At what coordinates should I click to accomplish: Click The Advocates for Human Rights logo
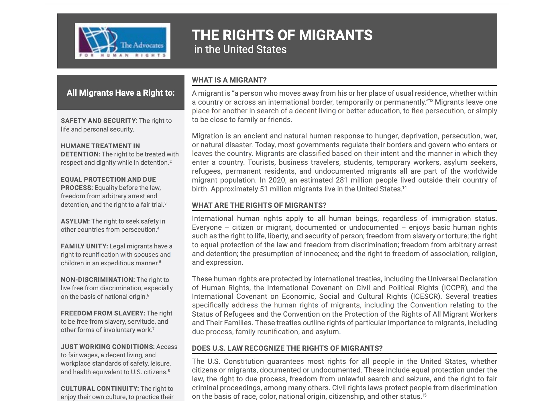click(122, 41)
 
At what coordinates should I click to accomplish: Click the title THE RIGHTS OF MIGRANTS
click(282, 35)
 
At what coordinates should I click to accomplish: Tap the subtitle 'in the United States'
click(240, 50)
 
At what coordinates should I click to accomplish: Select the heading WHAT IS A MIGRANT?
click(229, 80)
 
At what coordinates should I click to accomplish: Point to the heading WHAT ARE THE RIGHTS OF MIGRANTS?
click(259, 205)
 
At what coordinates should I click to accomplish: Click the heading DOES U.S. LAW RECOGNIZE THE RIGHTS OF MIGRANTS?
click(287, 348)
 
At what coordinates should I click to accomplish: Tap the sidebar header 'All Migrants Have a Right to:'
click(121, 93)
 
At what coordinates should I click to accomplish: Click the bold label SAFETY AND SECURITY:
click(99, 121)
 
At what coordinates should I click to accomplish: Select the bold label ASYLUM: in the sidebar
click(75, 221)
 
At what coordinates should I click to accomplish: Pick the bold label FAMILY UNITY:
click(84, 246)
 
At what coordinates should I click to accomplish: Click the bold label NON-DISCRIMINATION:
click(98, 280)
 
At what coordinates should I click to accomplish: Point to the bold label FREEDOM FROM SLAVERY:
click(103, 313)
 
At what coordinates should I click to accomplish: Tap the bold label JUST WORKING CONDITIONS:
click(107, 347)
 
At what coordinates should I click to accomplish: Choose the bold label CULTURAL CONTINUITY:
click(100, 389)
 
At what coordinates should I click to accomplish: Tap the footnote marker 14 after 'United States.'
click(404, 188)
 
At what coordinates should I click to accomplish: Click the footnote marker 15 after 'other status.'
click(425, 395)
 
